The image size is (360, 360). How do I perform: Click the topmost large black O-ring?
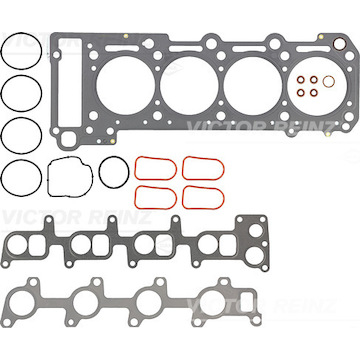(2, 51)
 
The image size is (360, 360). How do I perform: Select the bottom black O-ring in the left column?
(2, 178)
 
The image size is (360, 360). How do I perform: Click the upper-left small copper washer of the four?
(298, 80)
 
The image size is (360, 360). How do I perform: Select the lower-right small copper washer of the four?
(311, 92)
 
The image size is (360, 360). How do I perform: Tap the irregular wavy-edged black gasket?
(48, 177)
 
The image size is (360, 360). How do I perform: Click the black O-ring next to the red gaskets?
(99, 173)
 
